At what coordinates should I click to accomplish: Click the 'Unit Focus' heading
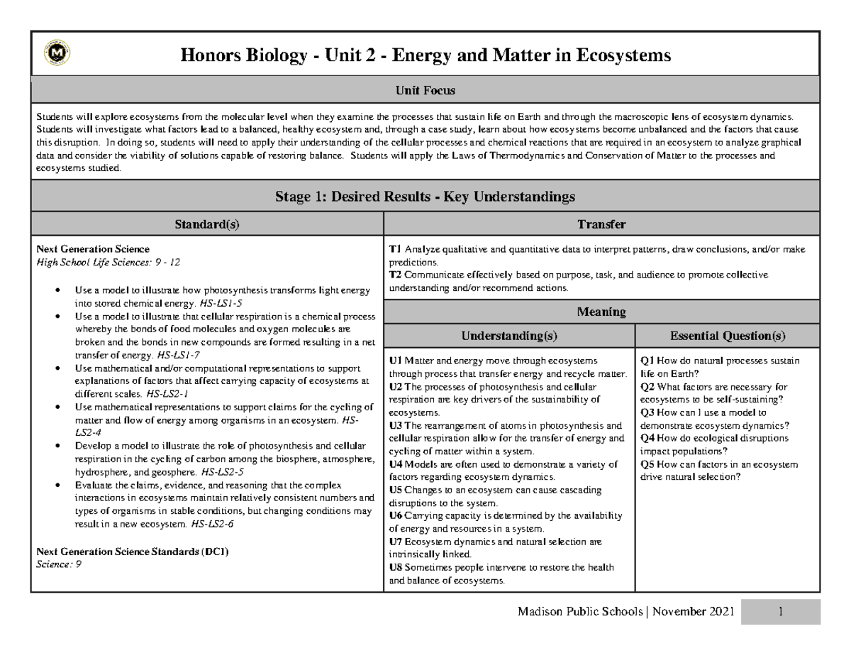tap(425, 90)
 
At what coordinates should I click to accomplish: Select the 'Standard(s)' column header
tap(207, 225)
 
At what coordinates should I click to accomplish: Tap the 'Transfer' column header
tap(601, 225)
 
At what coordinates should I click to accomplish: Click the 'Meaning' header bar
tap(601, 312)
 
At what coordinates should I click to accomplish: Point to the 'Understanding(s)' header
tap(509, 335)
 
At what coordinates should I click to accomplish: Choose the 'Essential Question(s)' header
tap(728, 335)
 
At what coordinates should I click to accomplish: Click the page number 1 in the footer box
tap(780, 612)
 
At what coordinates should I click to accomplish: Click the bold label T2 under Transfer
tap(395, 275)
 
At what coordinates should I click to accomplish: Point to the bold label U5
tap(396, 490)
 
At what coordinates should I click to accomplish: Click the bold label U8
tap(396, 567)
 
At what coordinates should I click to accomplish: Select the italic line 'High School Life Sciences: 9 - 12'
tap(108, 262)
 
